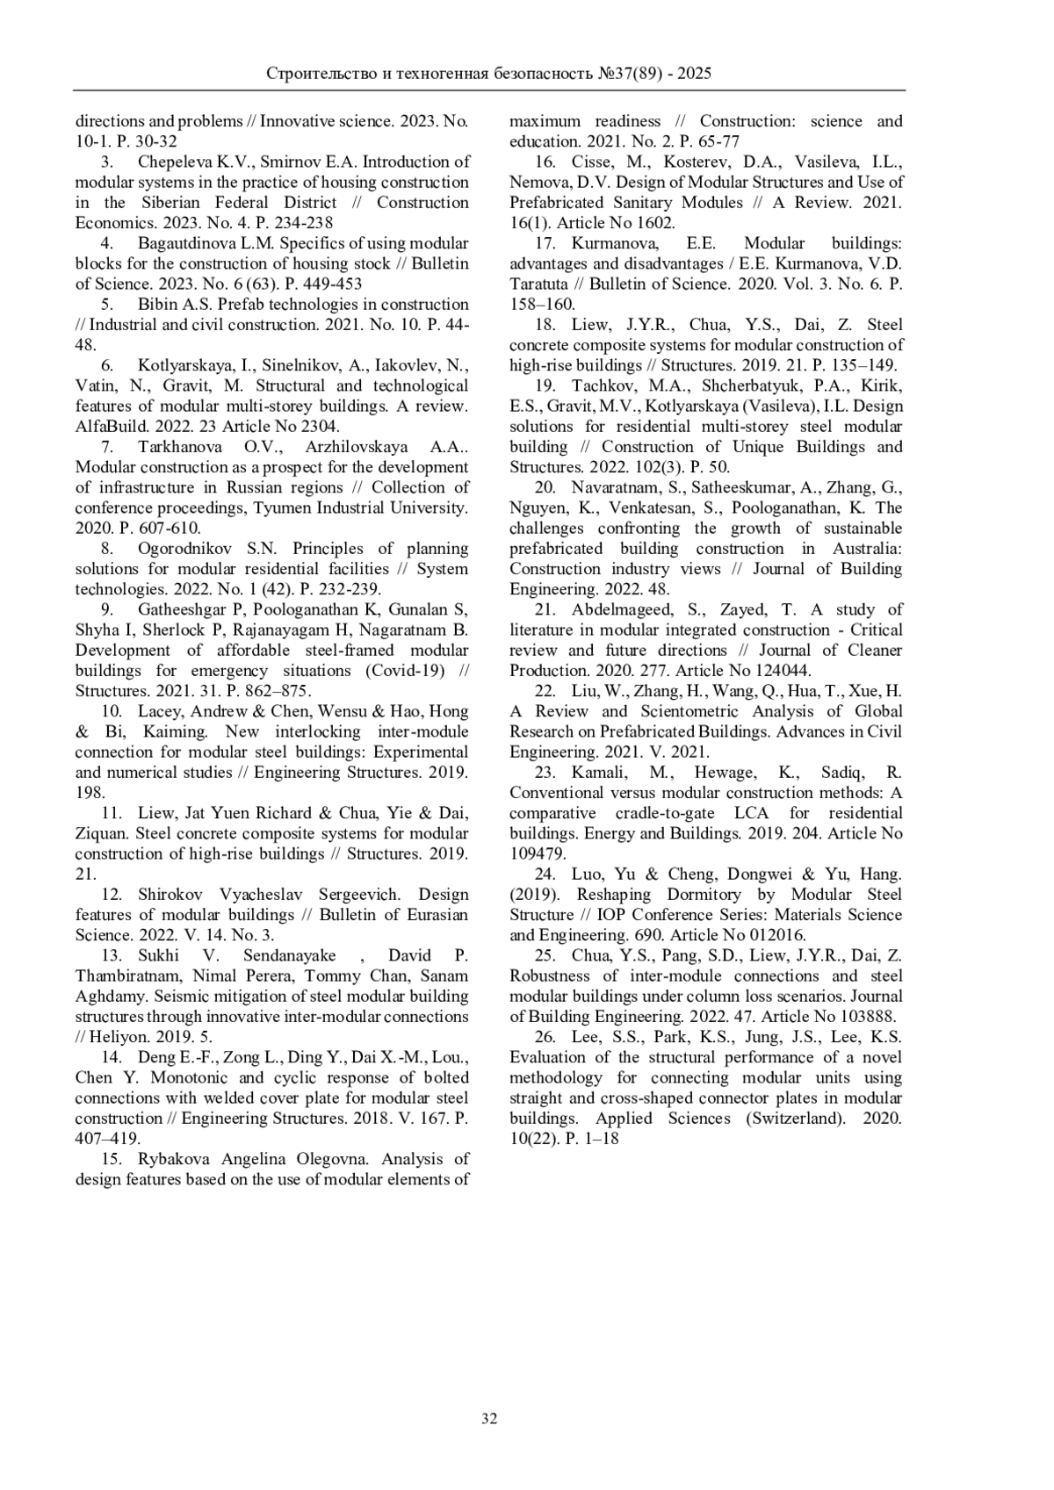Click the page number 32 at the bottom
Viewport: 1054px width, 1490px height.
pyautogui.click(x=489, y=1419)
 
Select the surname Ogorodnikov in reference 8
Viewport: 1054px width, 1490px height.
pyautogui.click(x=188, y=549)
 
